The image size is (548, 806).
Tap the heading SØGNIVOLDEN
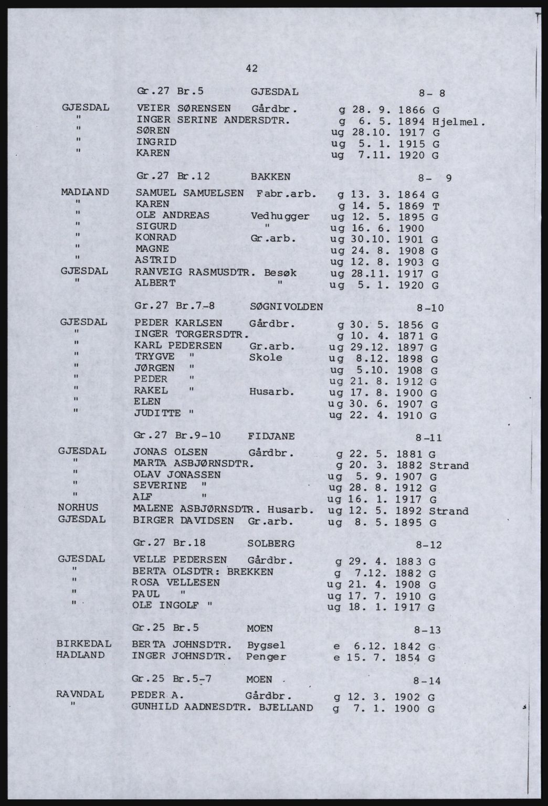287,306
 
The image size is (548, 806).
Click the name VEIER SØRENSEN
183,109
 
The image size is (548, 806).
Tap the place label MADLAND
85,192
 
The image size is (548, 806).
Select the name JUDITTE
157,413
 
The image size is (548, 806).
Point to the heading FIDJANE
271,436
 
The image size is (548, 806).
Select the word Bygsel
266,644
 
